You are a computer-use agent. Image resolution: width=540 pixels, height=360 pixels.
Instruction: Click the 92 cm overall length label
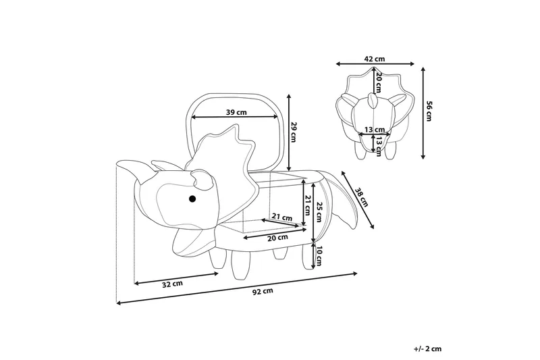(x=263, y=292)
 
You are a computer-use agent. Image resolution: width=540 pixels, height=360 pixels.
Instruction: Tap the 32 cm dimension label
(x=173, y=284)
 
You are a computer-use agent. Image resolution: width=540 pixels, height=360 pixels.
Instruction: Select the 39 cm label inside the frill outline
(x=236, y=111)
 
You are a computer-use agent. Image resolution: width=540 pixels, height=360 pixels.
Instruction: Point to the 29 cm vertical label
(x=294, y=132)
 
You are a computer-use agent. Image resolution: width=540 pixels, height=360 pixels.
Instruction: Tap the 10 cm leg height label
(x=321, y=255)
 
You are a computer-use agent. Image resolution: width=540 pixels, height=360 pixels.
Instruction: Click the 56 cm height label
(x=428, y=111)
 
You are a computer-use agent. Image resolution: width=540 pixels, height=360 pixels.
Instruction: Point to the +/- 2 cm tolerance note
(x=427, y=349)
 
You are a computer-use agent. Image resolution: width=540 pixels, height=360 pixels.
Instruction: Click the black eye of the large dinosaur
(x=192, y=199)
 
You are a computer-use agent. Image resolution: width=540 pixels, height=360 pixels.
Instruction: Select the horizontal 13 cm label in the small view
(x=375, y=129)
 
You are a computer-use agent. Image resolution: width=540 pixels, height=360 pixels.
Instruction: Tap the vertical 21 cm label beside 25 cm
(x=308, y=205)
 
